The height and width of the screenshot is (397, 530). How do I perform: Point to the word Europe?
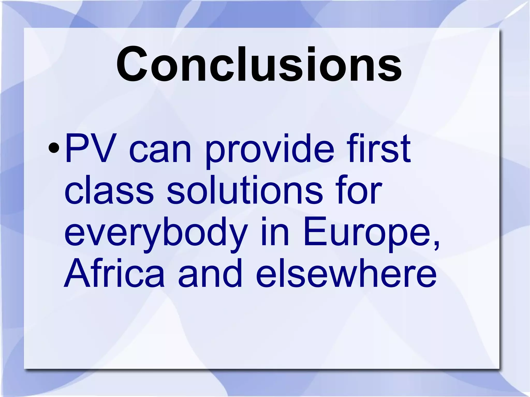[x=367, y=233]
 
